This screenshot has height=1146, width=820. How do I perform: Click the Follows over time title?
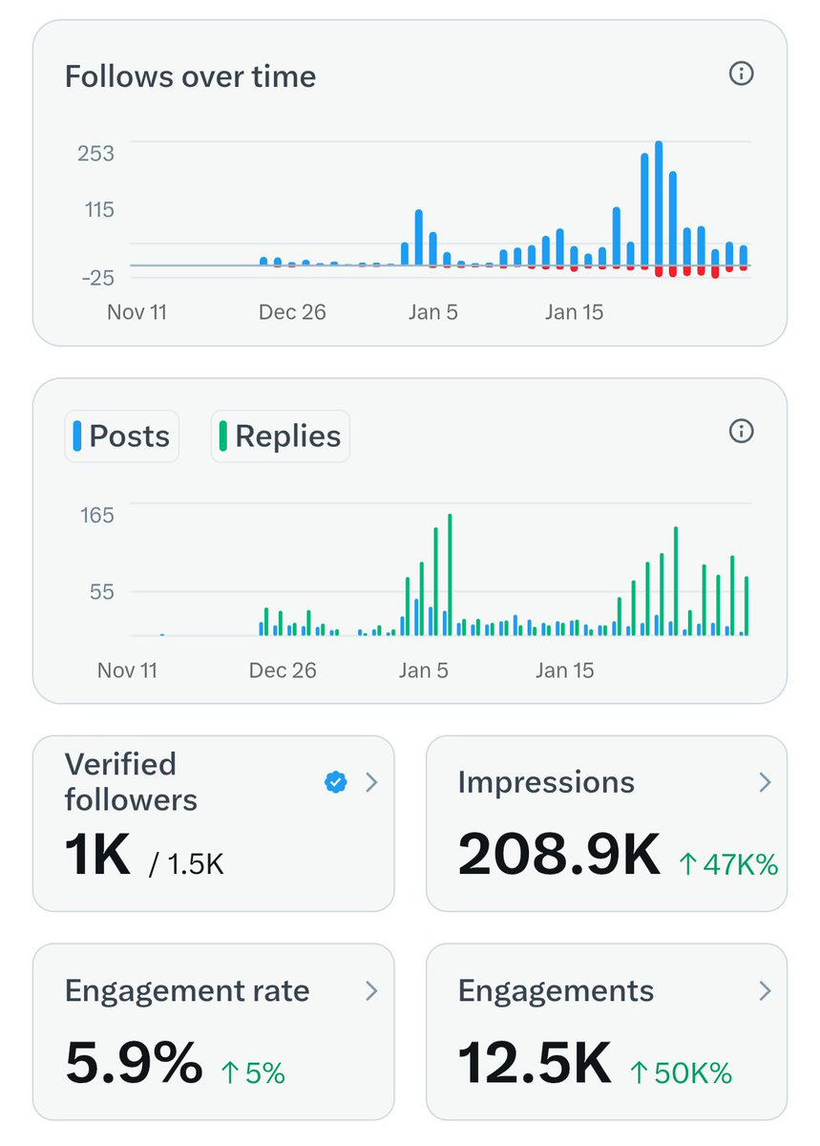click(x=190, y=76)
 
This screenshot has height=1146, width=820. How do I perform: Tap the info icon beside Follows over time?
click(x=741, y=74)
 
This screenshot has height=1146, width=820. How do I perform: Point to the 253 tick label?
click(x=95, y=154)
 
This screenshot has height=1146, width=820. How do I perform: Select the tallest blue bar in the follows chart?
click(x=659, y=204)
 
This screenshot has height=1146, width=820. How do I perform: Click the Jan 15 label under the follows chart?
click(x=574, y=312)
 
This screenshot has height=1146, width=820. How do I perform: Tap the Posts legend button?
click(x=121, y=436)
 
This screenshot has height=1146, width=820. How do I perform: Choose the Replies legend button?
click(x=280, y=436)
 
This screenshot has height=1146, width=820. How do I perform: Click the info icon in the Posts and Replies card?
click(x=741, y=431)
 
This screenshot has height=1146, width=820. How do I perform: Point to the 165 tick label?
click(x=95, y=516)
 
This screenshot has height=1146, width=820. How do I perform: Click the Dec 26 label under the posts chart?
click(x=283, y=670)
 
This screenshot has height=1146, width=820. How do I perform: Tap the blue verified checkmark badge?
click(x=335, y=783)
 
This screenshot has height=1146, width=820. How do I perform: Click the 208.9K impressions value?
click(x=558, y=854)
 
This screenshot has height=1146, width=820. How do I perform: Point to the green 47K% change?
click(x=728, y=865)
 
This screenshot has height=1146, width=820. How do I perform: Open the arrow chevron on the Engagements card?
click(x=764, y=991)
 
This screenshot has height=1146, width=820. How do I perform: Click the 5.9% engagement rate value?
click(x=134, y=1062)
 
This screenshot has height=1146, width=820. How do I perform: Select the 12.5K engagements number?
click(x=535, y=1062)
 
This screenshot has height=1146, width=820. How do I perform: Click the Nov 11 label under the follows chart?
click(x=137, y=312)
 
